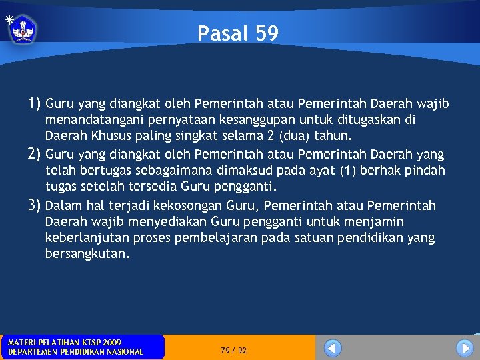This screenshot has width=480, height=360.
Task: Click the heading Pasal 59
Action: click(238, 33)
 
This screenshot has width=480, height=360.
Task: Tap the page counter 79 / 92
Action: click(233, 350)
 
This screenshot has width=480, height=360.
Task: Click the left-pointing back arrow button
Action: click(333, 348)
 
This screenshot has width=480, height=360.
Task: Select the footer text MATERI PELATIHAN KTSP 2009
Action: click(65, 342)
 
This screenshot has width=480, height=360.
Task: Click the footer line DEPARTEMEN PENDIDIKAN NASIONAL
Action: click(75, 352)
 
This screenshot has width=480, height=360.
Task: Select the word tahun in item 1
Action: click(331, 136)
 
